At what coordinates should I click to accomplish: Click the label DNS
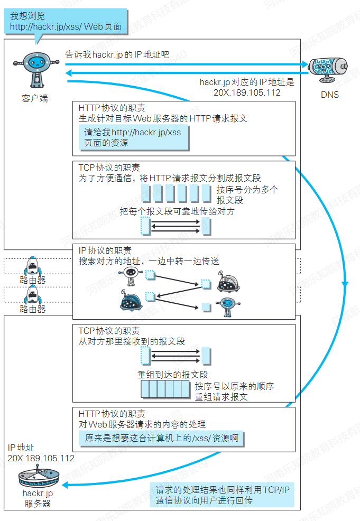329,95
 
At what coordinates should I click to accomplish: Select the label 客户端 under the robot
35,98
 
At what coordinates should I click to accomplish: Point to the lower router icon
33,295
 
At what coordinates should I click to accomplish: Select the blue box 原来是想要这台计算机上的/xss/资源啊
161,439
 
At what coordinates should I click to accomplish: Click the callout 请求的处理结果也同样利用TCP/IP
223,495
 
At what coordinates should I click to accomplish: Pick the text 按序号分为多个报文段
247,194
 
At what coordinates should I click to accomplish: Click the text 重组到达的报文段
173,375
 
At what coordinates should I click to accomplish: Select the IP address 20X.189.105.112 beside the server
41,458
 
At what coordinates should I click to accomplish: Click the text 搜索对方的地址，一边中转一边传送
149,261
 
